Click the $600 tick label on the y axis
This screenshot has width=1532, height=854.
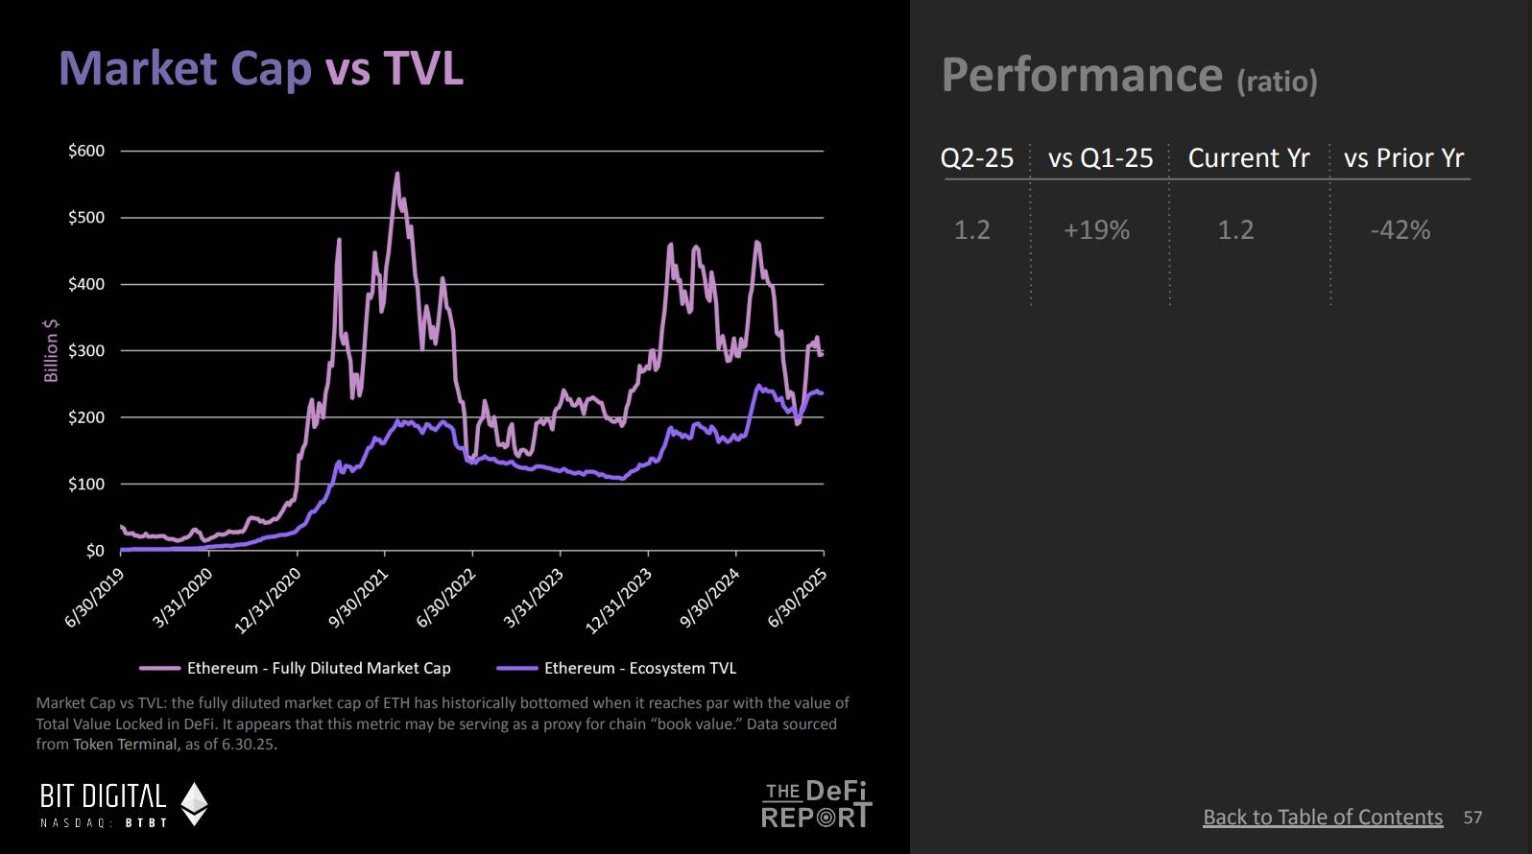[86, 151]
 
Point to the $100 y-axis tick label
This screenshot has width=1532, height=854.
[86, 485]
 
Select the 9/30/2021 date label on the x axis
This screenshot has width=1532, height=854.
[358, 598]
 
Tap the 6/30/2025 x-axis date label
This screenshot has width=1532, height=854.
[798, 598]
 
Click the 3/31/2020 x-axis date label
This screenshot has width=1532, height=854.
[182, 598]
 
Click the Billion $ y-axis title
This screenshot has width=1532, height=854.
[51, 350]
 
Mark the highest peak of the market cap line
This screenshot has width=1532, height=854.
[396, 174]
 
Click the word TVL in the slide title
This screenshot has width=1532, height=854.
[423, 69]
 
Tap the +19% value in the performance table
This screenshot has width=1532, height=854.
[1096, 230]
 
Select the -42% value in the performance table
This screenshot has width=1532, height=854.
[1400, 230]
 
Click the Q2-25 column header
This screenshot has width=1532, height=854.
[977, 158]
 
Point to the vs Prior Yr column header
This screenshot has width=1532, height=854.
[1403, 158]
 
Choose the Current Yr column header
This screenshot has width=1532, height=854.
[1248, 158]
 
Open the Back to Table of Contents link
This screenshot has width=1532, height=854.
[1323, 817]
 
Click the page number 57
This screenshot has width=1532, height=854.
[1472, 818]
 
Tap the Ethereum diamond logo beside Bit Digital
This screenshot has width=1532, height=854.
[195, 804]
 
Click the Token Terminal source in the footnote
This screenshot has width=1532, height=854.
[126, 745]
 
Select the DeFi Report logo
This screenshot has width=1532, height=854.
[817, 804]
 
